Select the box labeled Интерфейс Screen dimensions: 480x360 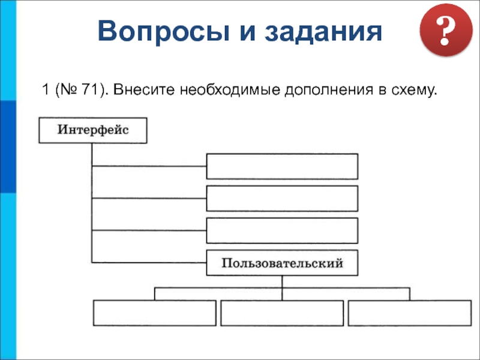93,130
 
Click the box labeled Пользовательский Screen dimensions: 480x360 282,263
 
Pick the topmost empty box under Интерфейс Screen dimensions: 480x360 282,166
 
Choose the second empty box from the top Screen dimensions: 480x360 282,198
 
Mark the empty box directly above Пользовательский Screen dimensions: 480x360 282,230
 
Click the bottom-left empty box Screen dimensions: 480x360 154,313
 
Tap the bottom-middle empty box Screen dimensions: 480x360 282,313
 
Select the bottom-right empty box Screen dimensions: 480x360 410,313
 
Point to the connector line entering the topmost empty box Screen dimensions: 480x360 150,166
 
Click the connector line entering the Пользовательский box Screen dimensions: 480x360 150,262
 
